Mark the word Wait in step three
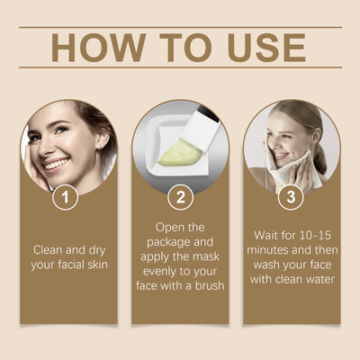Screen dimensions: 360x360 click(268, 235)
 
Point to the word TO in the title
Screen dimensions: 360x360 click(180, 47)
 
